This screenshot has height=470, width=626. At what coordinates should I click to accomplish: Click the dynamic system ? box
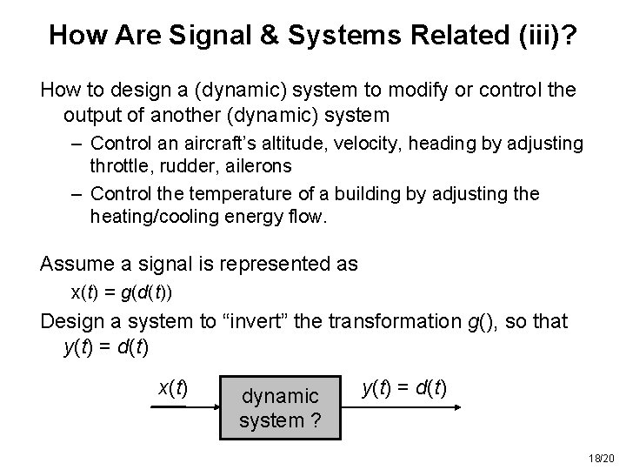click(x=280, y=407)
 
